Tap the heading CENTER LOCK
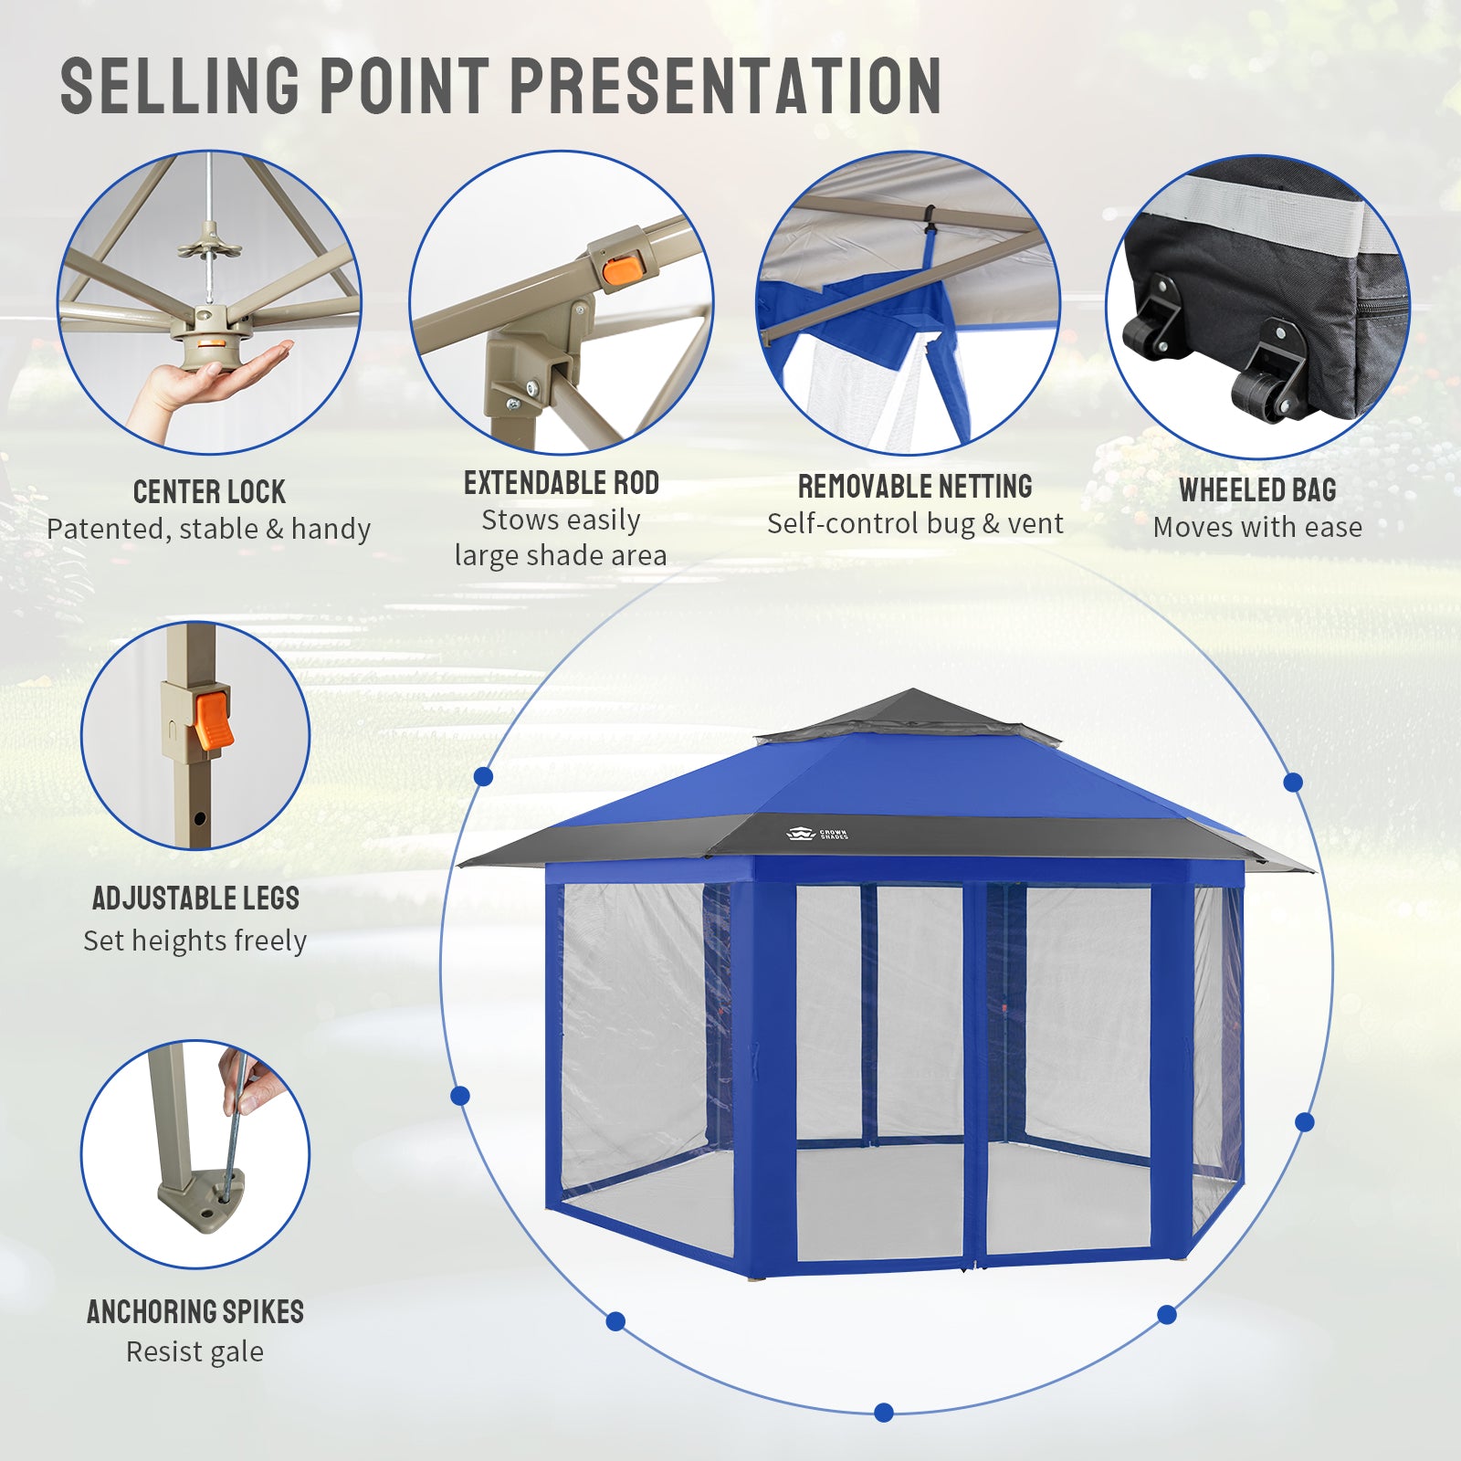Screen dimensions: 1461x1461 coord(209,492)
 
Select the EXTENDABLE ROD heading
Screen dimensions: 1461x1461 coord(562,483)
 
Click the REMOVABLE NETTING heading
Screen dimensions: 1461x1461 coord(915,487)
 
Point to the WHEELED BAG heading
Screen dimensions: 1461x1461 coord(1257,490)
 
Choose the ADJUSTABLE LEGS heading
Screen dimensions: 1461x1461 coord(195,899)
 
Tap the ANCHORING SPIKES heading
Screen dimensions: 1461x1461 coord(195,1312)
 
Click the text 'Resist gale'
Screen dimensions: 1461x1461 coord(194,1351)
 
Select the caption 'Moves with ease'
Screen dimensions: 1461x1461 coord(1257,527)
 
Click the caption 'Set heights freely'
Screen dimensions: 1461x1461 coord(194,941)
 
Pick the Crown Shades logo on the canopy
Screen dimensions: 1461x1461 coord(816,834)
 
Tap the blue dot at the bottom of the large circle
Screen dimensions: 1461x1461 coord(883,1413)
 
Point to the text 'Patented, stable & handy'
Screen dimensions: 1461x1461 coord(209,530)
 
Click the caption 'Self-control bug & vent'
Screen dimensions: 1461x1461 coord(915,523)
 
